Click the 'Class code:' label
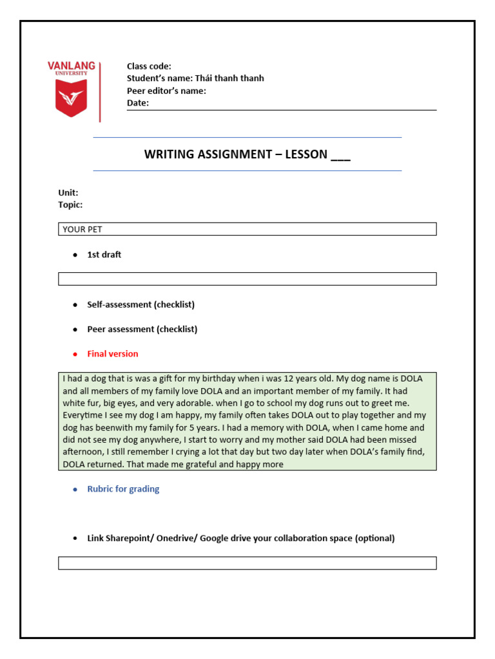click(149, 66)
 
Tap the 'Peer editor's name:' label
click(166, 91)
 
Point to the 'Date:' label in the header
click(137, 103)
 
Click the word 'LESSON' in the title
click(302, 154)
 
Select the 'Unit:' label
click(68, 192)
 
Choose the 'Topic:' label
click(70, 205)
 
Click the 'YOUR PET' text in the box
click(82, 229)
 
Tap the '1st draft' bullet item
click(104, 255)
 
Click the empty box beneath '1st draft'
click(247, 279)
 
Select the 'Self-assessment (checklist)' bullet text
click(141, 304)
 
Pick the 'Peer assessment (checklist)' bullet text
click(142, 329)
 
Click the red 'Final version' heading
click(112, 354)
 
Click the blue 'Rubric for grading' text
click(123, 489)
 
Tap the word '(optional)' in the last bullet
click(374, 539)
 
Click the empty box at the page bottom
click(247, 563)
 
